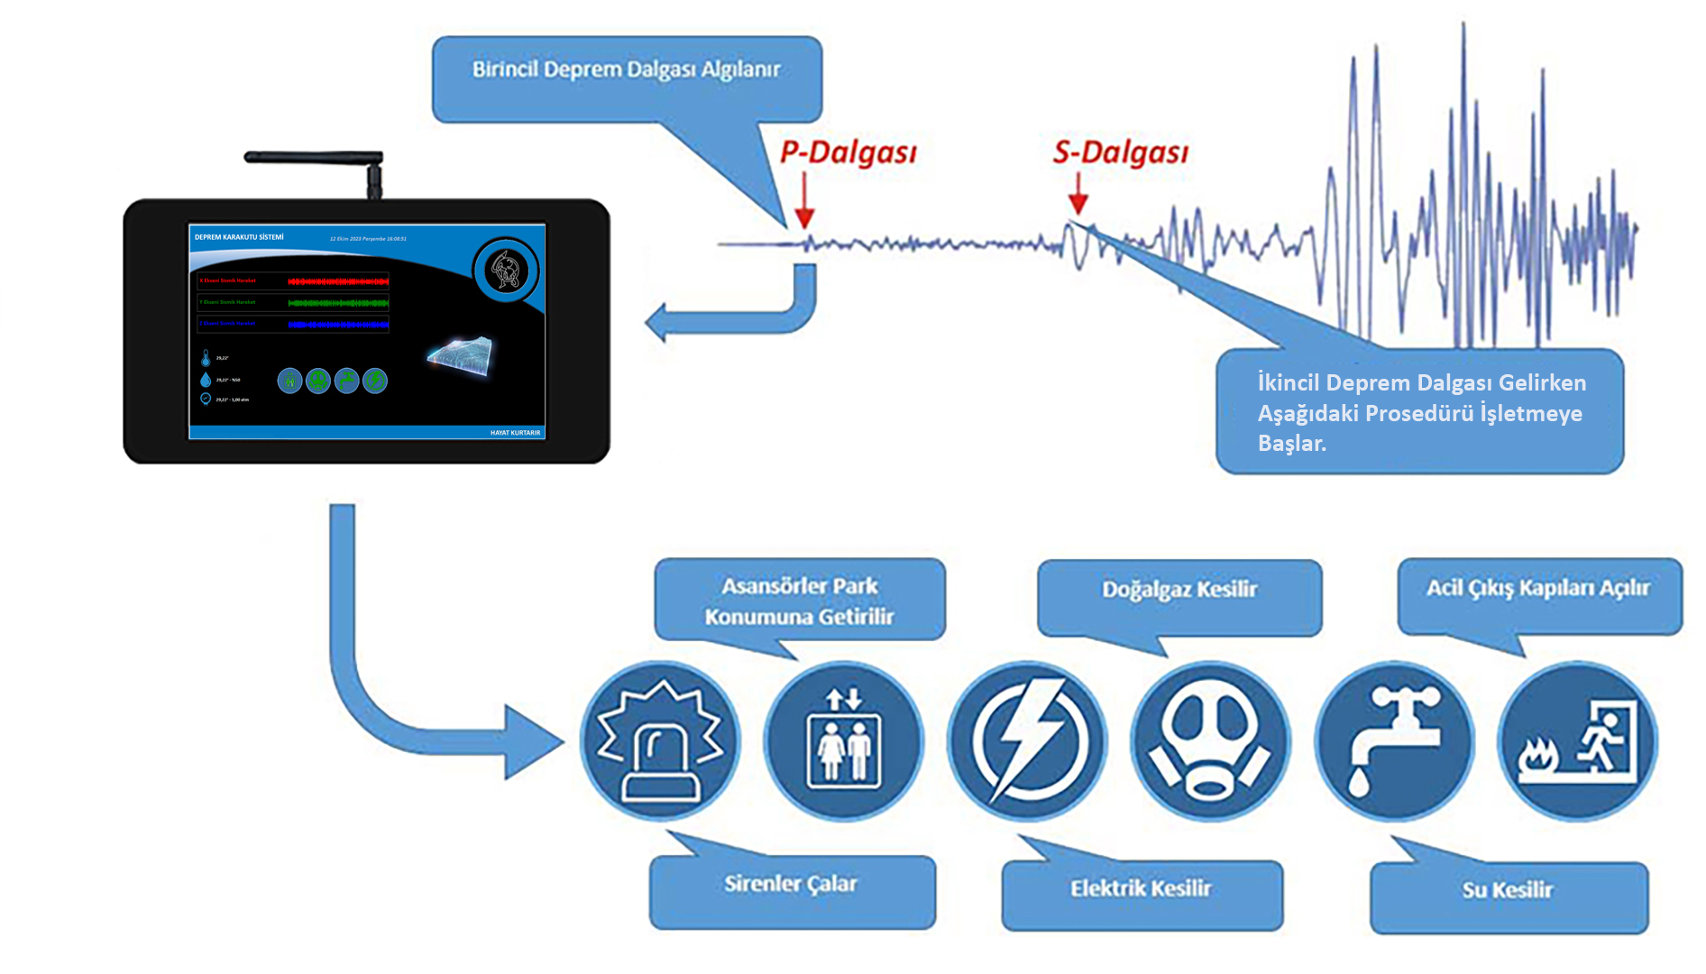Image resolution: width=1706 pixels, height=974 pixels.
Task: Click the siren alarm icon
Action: (660, 741)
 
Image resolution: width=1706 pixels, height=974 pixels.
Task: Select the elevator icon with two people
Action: (843, 741)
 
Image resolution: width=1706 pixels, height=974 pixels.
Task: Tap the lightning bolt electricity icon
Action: (1027, 741)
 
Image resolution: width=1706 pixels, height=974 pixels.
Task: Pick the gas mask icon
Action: (1210, 741)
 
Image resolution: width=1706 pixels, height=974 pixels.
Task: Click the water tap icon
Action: (1394, 741)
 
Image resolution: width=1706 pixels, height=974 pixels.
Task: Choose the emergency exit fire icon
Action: (1578, 741)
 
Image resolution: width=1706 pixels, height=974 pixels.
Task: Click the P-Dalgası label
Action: (848, 152)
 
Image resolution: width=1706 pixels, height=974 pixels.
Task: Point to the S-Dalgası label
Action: (1120, 152)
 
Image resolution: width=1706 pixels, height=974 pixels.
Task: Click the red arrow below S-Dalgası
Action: (1078, 197)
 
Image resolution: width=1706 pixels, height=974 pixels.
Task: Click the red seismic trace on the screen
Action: (338, 281)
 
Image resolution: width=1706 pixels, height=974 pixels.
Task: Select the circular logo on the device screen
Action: (506, 271)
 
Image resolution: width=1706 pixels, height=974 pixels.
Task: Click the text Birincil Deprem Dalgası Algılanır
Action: (627, 70)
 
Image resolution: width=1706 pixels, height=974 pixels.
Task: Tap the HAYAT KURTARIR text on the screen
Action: (515, 433)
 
